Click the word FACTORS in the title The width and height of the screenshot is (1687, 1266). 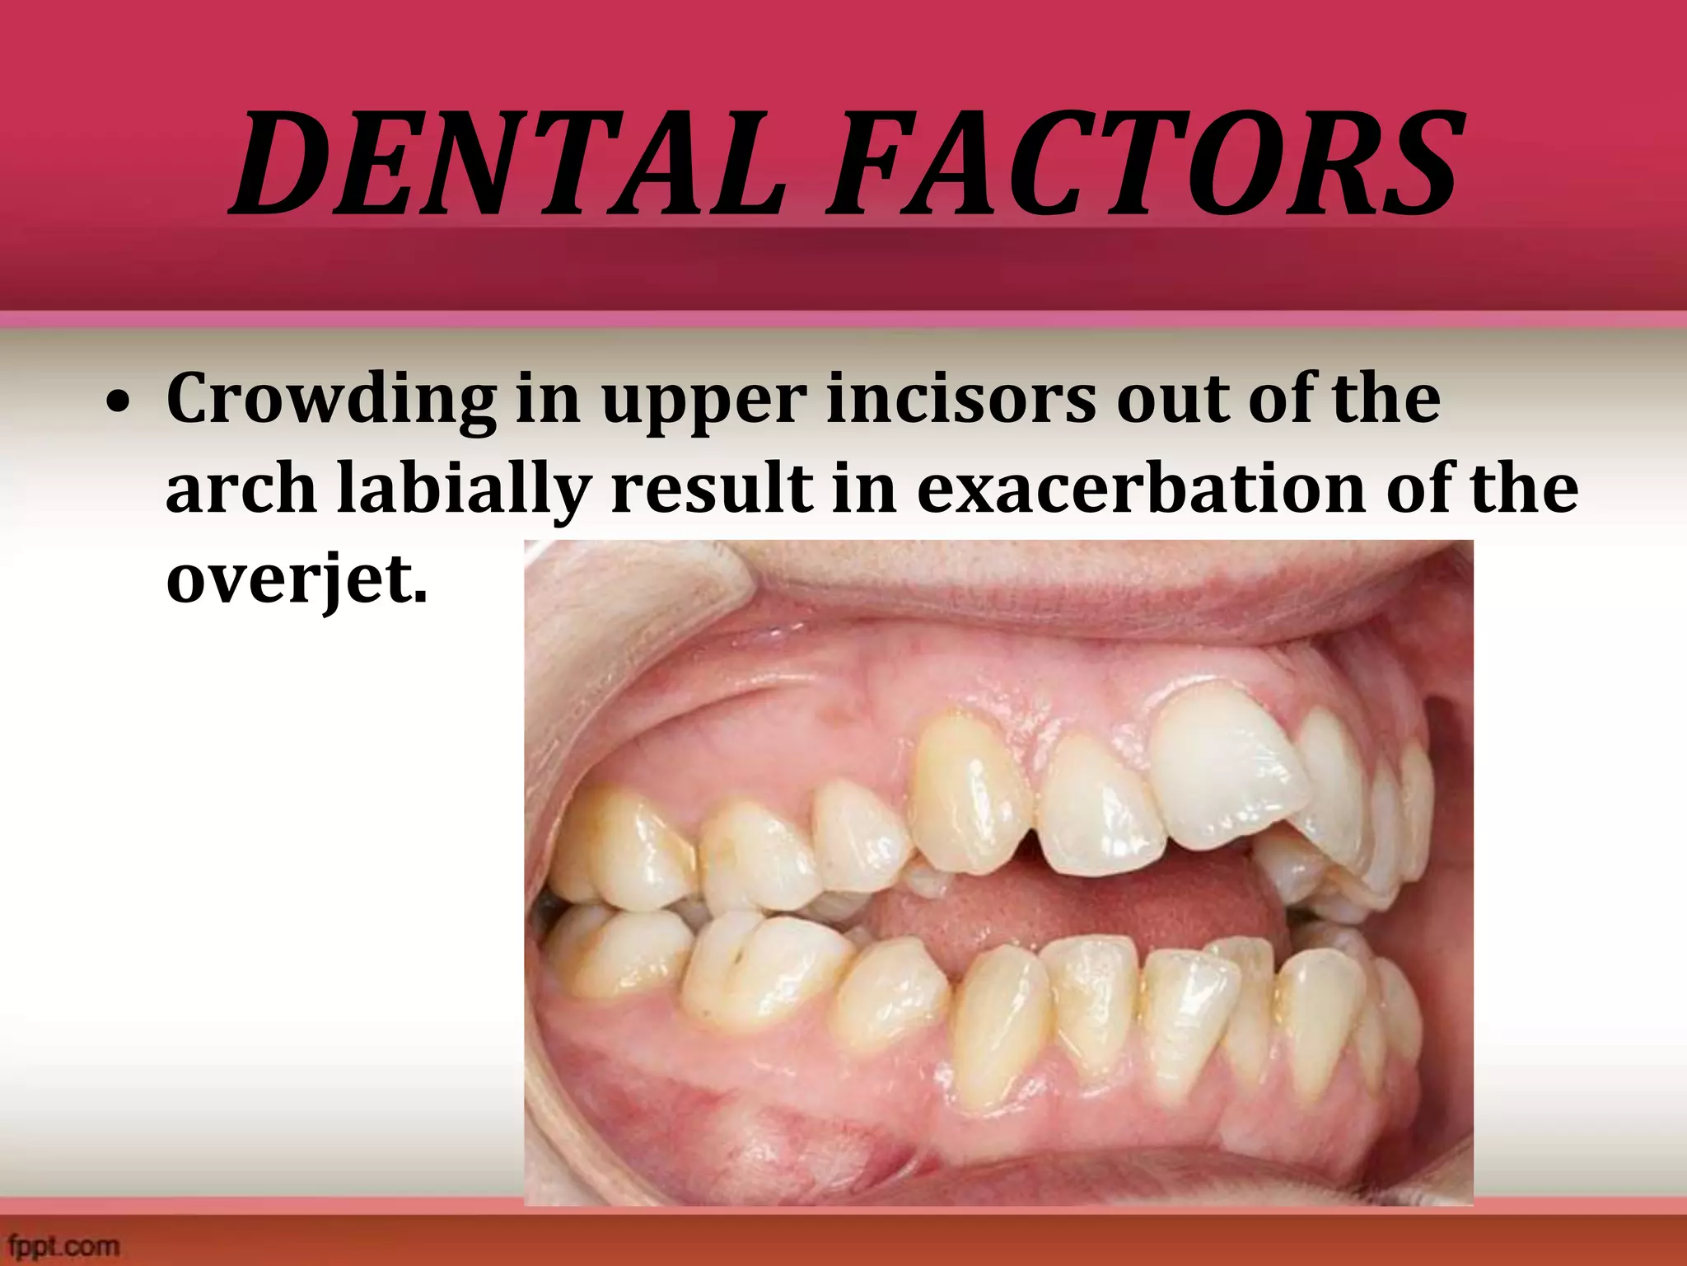coord(1146,164)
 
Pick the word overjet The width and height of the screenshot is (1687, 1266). coord(297,579)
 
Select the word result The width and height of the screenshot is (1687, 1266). coord(712,488)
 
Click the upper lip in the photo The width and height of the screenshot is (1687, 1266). coord(1071,593)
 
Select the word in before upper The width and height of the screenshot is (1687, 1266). coord(549,399)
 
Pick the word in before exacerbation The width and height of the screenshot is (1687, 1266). coord(864,488)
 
